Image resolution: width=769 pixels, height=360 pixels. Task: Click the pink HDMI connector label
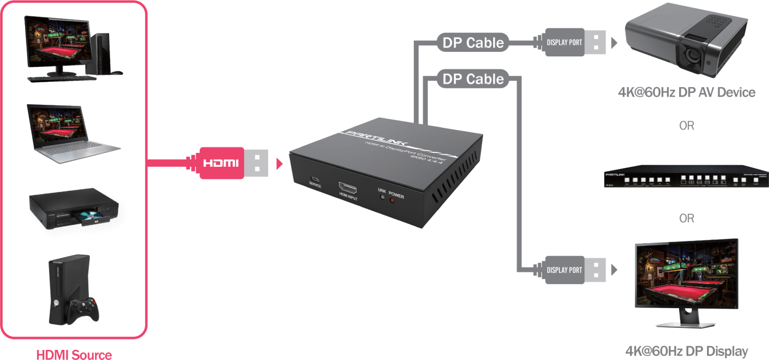coord(222,163)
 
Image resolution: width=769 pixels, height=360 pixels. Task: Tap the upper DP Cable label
coord(473,43)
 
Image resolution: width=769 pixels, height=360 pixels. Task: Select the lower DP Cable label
coord(473,79)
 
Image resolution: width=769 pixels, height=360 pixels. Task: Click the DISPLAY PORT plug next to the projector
coord(565,42)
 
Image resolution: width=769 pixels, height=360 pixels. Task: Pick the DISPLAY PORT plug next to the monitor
coord(565,270)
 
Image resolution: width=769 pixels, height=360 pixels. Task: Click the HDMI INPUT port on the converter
coord(347,187)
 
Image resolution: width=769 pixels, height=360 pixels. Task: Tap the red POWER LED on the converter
coord(392,200)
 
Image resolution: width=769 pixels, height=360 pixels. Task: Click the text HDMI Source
coord(74,355)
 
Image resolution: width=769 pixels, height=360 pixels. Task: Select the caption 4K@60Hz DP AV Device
coord(686,92)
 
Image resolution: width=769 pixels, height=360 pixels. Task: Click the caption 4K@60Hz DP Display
coord(686,351)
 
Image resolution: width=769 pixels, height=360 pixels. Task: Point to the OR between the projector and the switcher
coord(686,125)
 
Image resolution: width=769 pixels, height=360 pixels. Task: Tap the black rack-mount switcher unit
coord(686,176)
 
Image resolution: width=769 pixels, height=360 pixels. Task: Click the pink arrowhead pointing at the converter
coord(280,164)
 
